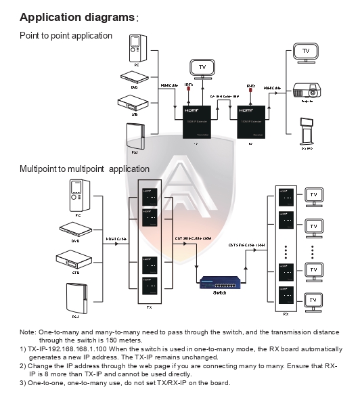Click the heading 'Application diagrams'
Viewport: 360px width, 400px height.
click(x=76, y=16)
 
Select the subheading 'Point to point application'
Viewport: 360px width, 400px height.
click(x=66, y=35)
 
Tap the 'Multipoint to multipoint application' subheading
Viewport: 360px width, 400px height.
click(x=85, y=169)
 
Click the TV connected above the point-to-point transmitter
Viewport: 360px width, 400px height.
click(x=202, y=68)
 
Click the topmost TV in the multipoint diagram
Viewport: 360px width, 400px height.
click(x=313, y=195)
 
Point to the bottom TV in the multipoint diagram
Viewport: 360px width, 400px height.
click(x=313, y=299)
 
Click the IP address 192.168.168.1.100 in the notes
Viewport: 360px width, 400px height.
click(x=67, y=349)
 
